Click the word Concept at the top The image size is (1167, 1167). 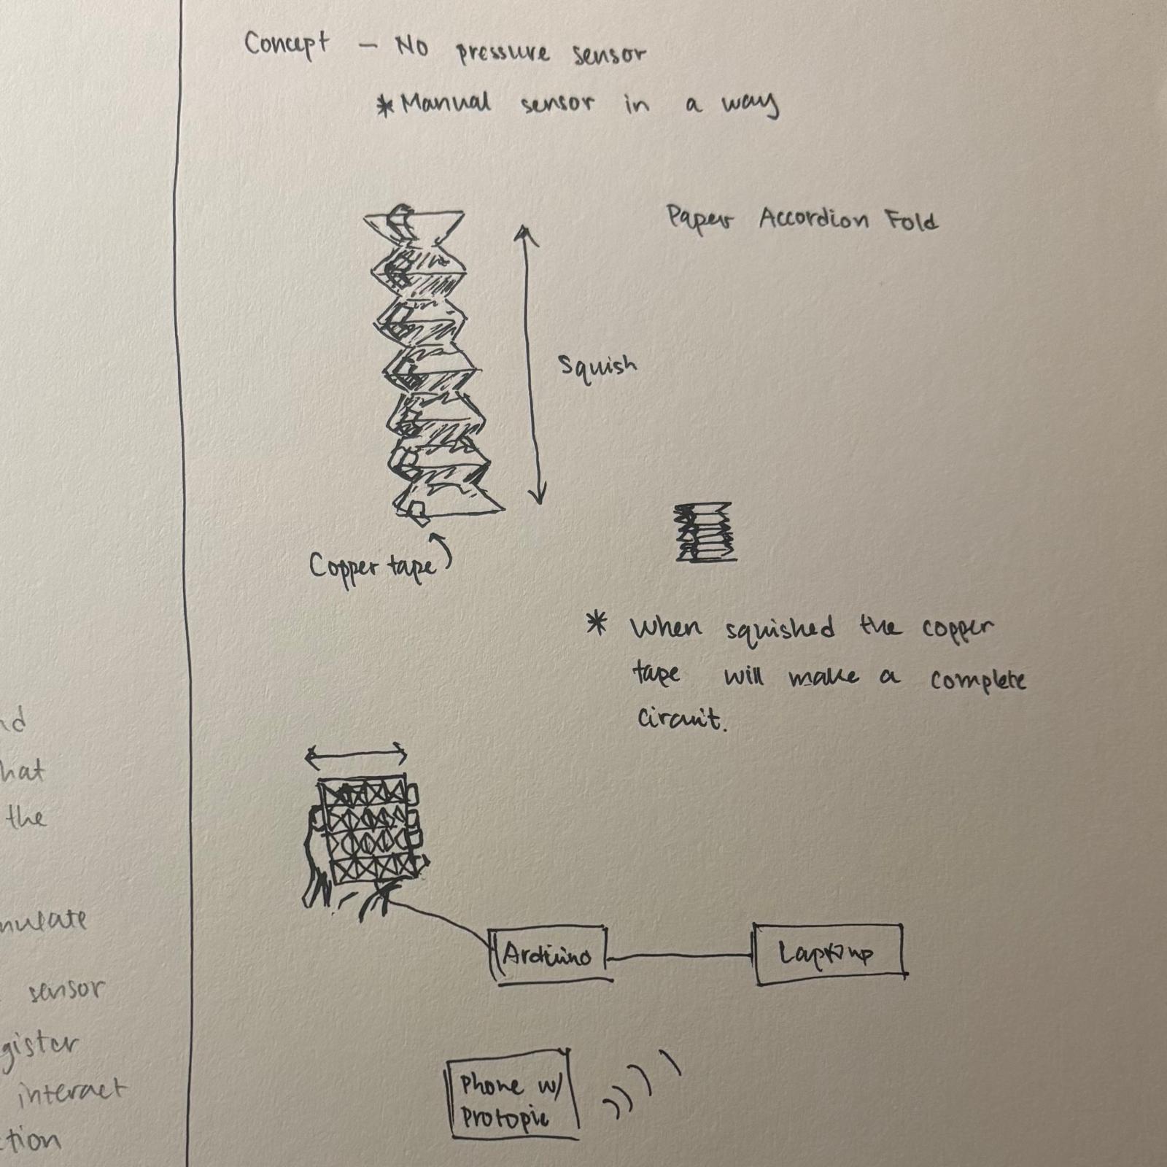[x=286, y=45]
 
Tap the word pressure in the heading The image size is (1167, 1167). [x=503, y=53]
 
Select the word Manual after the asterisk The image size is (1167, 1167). [x=446, y=103]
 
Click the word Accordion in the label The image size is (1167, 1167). [x=813, y=219]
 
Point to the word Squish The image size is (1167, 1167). [x=597, y=365]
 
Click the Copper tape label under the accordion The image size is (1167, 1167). [x=372, y=567]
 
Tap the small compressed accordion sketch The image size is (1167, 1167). [x=705, y=532]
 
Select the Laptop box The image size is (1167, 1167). [x=829, y=954]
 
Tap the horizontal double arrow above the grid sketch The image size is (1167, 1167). [x=355, y=756]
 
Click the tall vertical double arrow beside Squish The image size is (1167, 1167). [x=530, y=365]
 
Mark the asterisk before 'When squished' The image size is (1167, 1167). [x=597, y=624]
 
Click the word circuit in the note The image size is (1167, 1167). [x=681, y=719]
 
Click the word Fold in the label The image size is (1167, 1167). [x=912, y=220]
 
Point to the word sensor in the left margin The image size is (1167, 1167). [x=66, y=990]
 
